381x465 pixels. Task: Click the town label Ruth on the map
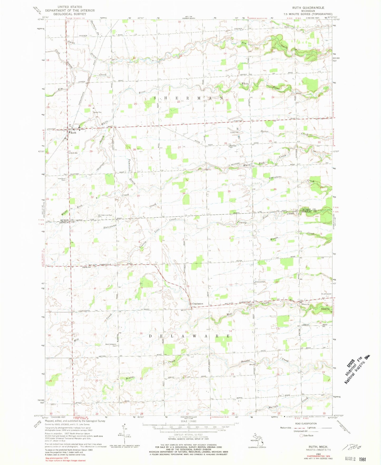pos(73,133)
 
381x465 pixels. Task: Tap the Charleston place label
pos(197,304)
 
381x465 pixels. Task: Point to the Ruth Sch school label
pos(74,153)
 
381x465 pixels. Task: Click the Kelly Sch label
pos(87,267)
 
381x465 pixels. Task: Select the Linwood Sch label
pos(260,282)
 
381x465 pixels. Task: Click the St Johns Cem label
pos(326,294)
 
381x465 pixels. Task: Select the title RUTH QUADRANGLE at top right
pos(308,8)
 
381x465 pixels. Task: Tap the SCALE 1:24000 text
pos(188,421)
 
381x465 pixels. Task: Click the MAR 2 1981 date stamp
pos(355,459)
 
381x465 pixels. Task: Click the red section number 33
pos(138,196)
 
